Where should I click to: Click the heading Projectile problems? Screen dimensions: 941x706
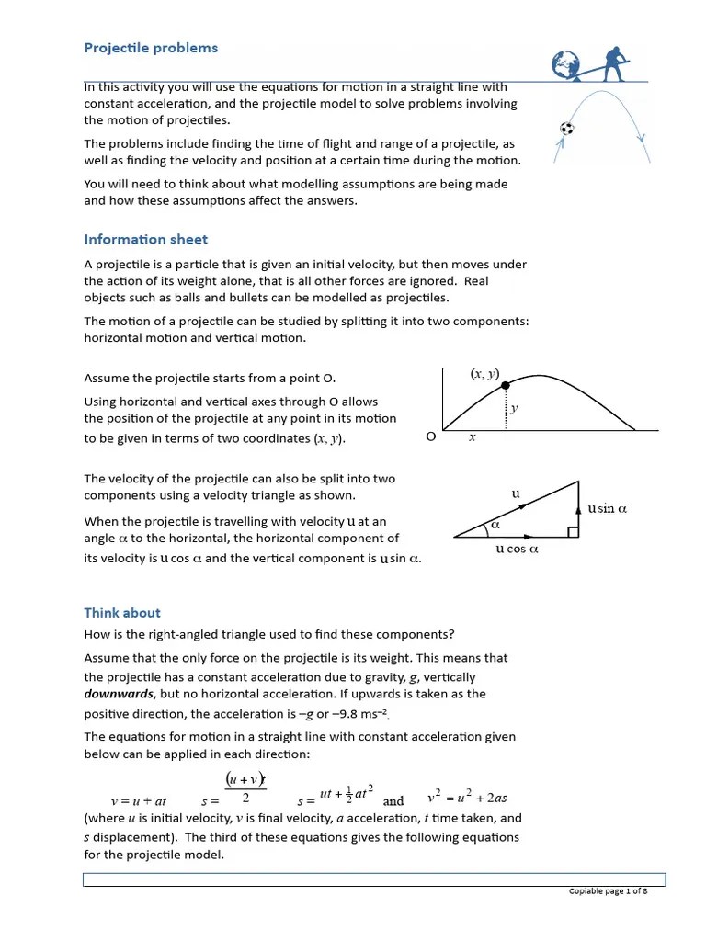pos(151,48)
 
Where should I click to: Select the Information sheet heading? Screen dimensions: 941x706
pos(146,239)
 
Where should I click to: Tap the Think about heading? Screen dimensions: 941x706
pos(122,612)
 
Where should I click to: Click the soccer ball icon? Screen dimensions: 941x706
pos(567,129)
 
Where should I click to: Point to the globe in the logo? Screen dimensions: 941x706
pos(565,65)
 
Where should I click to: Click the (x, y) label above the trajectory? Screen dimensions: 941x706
pos(484,374)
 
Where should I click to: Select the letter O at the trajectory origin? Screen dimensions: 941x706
pos(430,437)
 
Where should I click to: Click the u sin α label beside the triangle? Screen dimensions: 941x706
pos(607,508)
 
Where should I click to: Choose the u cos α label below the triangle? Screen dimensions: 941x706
pos(516,549)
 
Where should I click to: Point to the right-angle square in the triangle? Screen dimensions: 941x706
pos(573,532)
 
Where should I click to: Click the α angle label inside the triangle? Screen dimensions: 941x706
pos(494,525)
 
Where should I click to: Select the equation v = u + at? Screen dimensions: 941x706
pos(138,800)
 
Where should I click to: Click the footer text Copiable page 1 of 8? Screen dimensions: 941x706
pos(608,890)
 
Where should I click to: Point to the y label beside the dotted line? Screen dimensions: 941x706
pos(514,408)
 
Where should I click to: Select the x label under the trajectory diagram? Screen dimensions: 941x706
pos(473,437)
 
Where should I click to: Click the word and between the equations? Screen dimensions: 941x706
pos(393,800)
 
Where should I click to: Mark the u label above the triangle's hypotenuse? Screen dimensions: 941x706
pos(516,493)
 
